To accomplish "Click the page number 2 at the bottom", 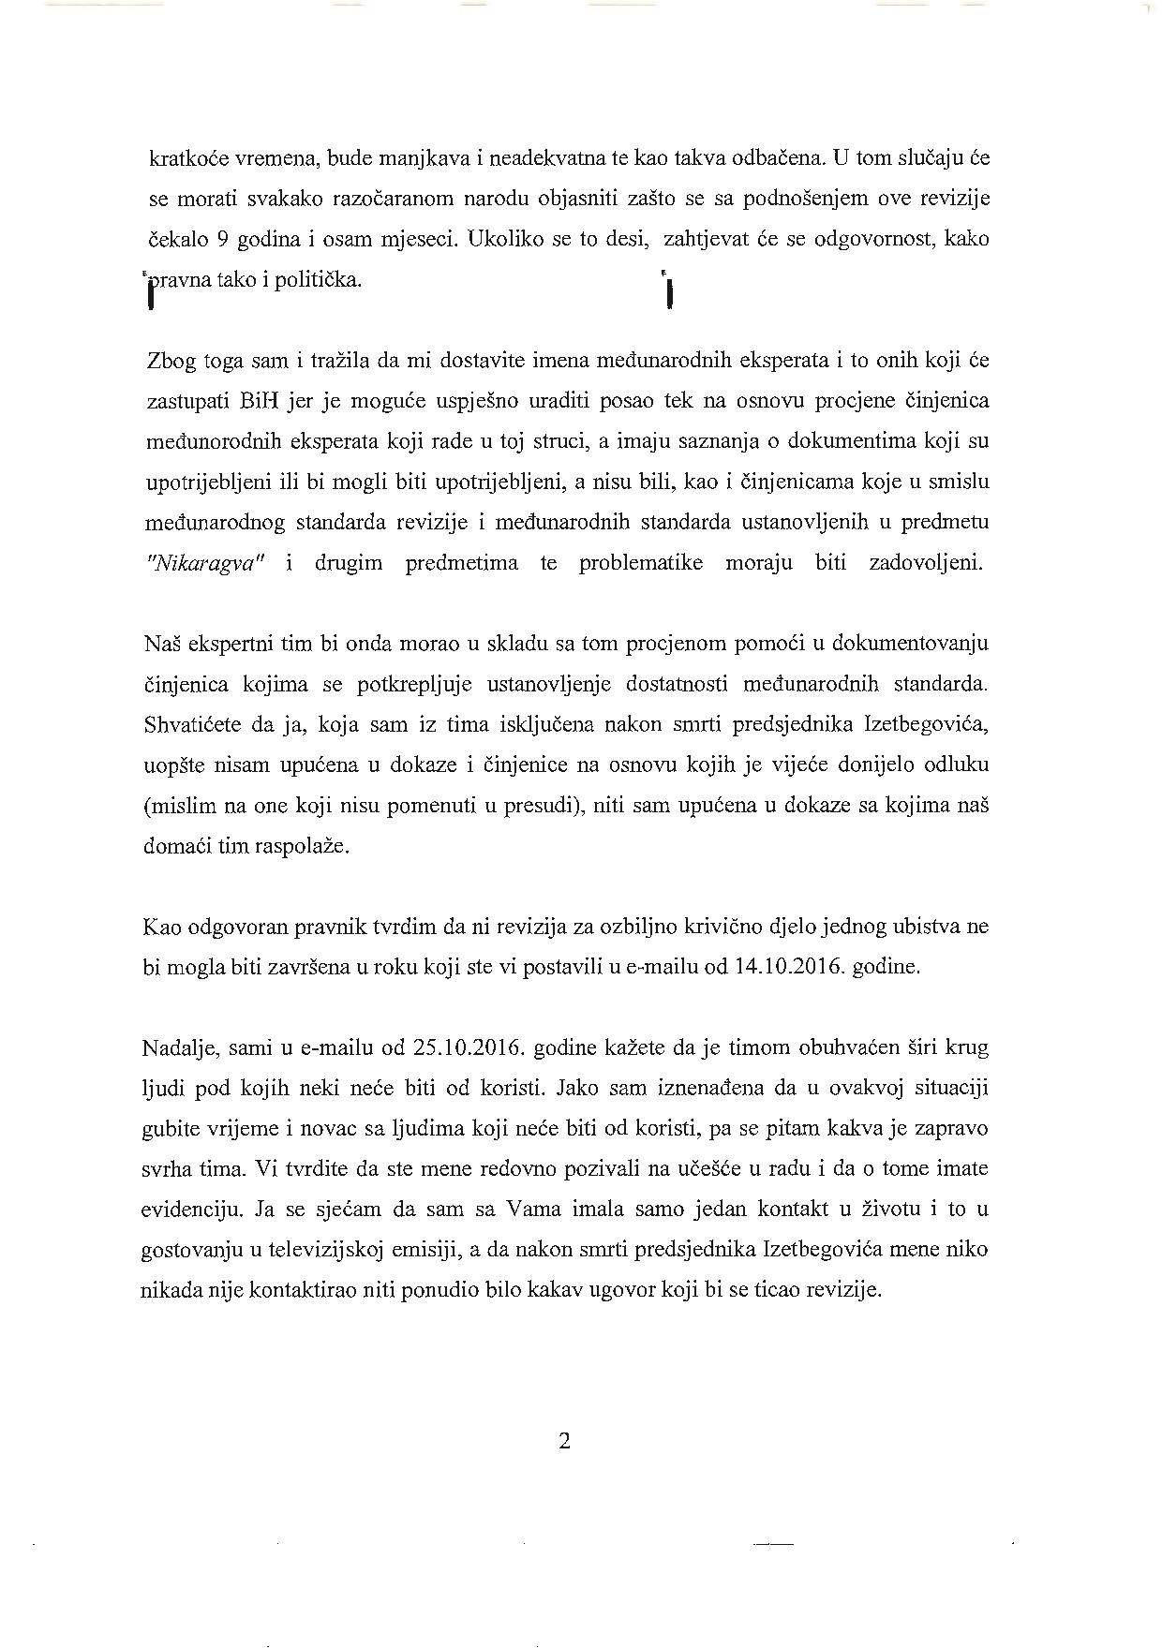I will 564,1441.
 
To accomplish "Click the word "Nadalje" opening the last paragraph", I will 178,1047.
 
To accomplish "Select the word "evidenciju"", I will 189,1210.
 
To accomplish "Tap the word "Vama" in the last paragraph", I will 531,1210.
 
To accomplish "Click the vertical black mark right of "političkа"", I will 669,292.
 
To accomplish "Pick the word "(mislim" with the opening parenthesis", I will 178,806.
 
